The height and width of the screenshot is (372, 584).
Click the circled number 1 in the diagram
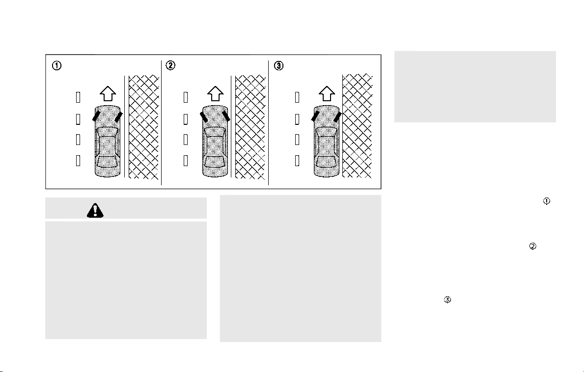[x=56, y=65]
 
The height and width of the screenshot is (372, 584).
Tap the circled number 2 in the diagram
[x=170, y=65]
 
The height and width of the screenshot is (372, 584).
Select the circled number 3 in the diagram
[x=278, y=66]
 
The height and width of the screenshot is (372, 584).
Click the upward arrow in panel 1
[x=108, y=93]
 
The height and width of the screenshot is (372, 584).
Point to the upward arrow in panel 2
[x=215, y=93]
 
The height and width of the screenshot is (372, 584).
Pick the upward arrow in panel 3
[x=327, y=93]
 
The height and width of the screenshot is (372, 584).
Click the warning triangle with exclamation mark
[x=95, y=211]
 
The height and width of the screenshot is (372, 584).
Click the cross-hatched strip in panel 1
[x=144, y=127]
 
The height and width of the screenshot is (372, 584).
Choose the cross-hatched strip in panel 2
[x=250, y=127]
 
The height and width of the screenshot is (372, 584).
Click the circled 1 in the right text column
[x=546, y=201]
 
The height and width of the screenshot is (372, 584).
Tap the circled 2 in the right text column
[x=532, y=246]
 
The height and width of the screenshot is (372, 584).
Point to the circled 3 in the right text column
[x=447, y=300]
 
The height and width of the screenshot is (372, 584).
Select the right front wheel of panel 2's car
[x=226, y=116]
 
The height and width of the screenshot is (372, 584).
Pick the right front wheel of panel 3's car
[x=338, y=116]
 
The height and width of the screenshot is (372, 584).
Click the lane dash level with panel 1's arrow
[x=78, y=97]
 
